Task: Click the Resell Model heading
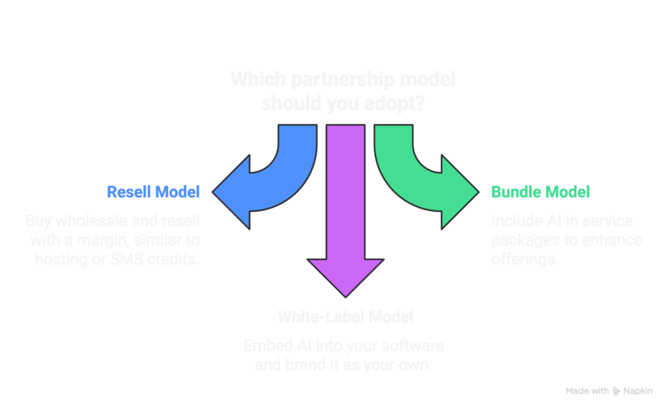154,192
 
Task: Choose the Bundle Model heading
540,192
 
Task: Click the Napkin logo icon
616,392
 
